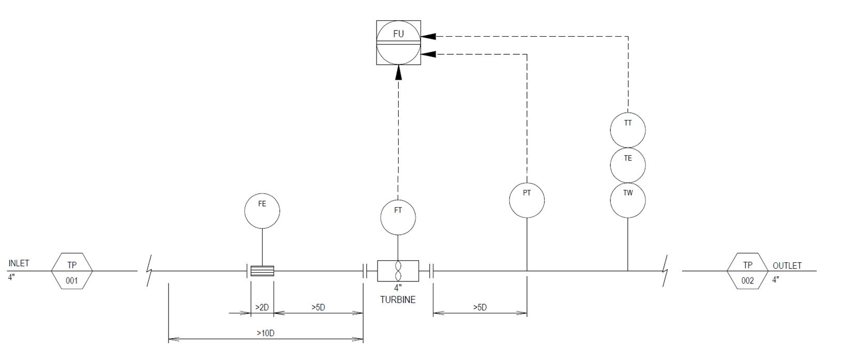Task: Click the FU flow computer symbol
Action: [398, 42]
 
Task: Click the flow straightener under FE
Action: [262, 271]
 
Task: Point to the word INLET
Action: [19, 263]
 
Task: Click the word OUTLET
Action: [787, 266]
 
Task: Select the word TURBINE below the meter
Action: [398, 300]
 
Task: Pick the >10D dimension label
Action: [266, 333]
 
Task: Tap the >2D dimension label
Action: [262, 307]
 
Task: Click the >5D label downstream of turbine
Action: [480, 307]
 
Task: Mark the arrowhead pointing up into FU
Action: [398, 72]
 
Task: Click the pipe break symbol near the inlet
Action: [149, 271]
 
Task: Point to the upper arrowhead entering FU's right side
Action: [428, 36]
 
